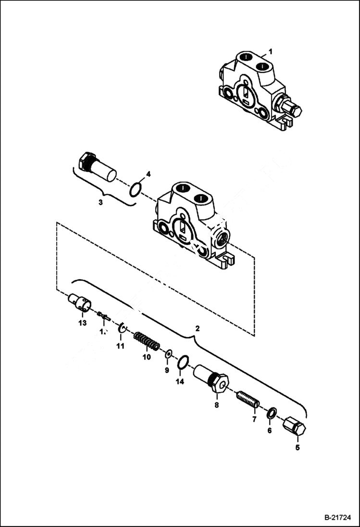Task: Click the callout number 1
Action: [x=270, y=51]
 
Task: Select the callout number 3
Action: [x=100, y=202]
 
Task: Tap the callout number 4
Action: [x=149, y=174]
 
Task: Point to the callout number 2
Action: [x=197, y=329]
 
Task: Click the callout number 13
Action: [x=82, y=323]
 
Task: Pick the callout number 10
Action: [x=147, y=357]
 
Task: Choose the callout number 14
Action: [x=180, y=382]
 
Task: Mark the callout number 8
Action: [x=216, y=405]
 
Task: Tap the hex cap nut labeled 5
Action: [x=294, y=426]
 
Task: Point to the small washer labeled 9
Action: [x=168, y=355]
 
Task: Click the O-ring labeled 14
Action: [x=183, y=363]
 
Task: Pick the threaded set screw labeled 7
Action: [x=248, y=399]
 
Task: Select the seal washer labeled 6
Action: [x=272, y=412]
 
